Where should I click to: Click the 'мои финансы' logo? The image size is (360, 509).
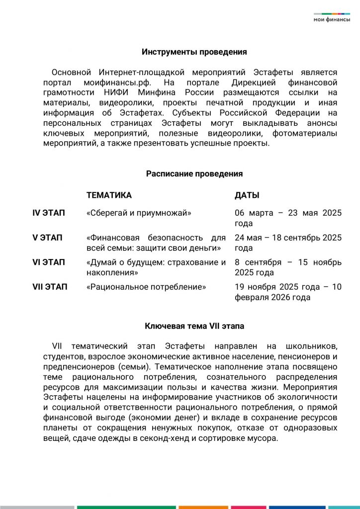(332, 18)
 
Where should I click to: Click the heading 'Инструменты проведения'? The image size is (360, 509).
(194, 52)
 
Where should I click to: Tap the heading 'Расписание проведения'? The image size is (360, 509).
(194, 173)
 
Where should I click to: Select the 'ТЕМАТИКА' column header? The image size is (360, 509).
(109, 195)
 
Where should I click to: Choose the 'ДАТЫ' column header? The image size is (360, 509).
(247, 195)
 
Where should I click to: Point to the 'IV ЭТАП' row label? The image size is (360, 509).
(49, 213)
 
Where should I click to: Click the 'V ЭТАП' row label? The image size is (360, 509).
(47, 238)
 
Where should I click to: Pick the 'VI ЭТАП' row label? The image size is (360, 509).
(49, 262)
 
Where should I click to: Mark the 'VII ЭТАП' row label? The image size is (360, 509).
(50, 287)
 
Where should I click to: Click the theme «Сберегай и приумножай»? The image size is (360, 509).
(139, 213)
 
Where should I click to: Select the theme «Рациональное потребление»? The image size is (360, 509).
(146, 287)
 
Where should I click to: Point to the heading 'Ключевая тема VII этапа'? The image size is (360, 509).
(194, 326)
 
